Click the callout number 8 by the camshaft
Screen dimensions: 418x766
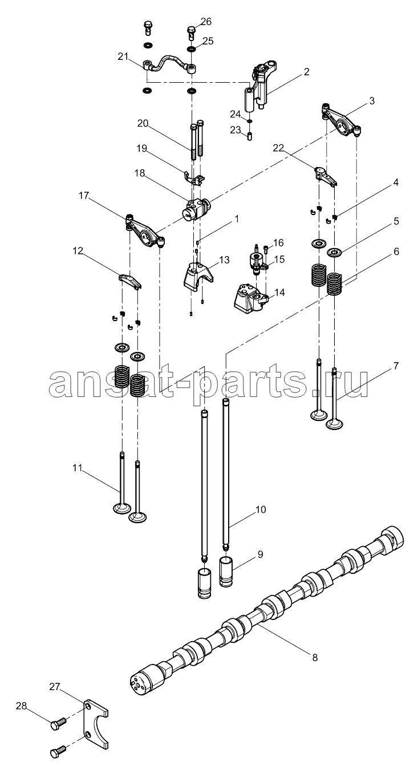(x=315, y=657)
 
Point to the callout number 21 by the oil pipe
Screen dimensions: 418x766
(x=123, y=57)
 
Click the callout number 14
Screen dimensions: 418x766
(x=279, y=293)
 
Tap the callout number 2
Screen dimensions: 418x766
(x=306, y=71)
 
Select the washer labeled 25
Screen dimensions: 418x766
(x=192, y=49)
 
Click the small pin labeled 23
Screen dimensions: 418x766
(x=250, y=136)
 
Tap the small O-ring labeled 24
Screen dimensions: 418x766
(x=250, y=121)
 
